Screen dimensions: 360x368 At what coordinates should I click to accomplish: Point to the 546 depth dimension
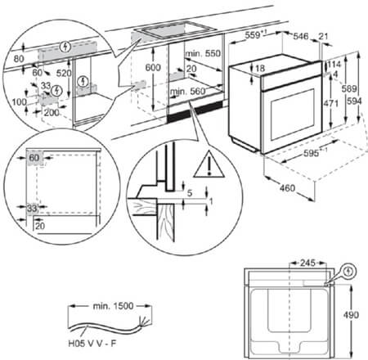301,36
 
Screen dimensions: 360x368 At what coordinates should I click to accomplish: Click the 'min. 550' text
204,52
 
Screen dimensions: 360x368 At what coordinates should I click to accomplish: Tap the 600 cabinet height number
151,68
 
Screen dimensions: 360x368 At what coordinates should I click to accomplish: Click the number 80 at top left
18,58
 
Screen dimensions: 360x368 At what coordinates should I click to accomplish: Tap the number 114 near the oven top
336,65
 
